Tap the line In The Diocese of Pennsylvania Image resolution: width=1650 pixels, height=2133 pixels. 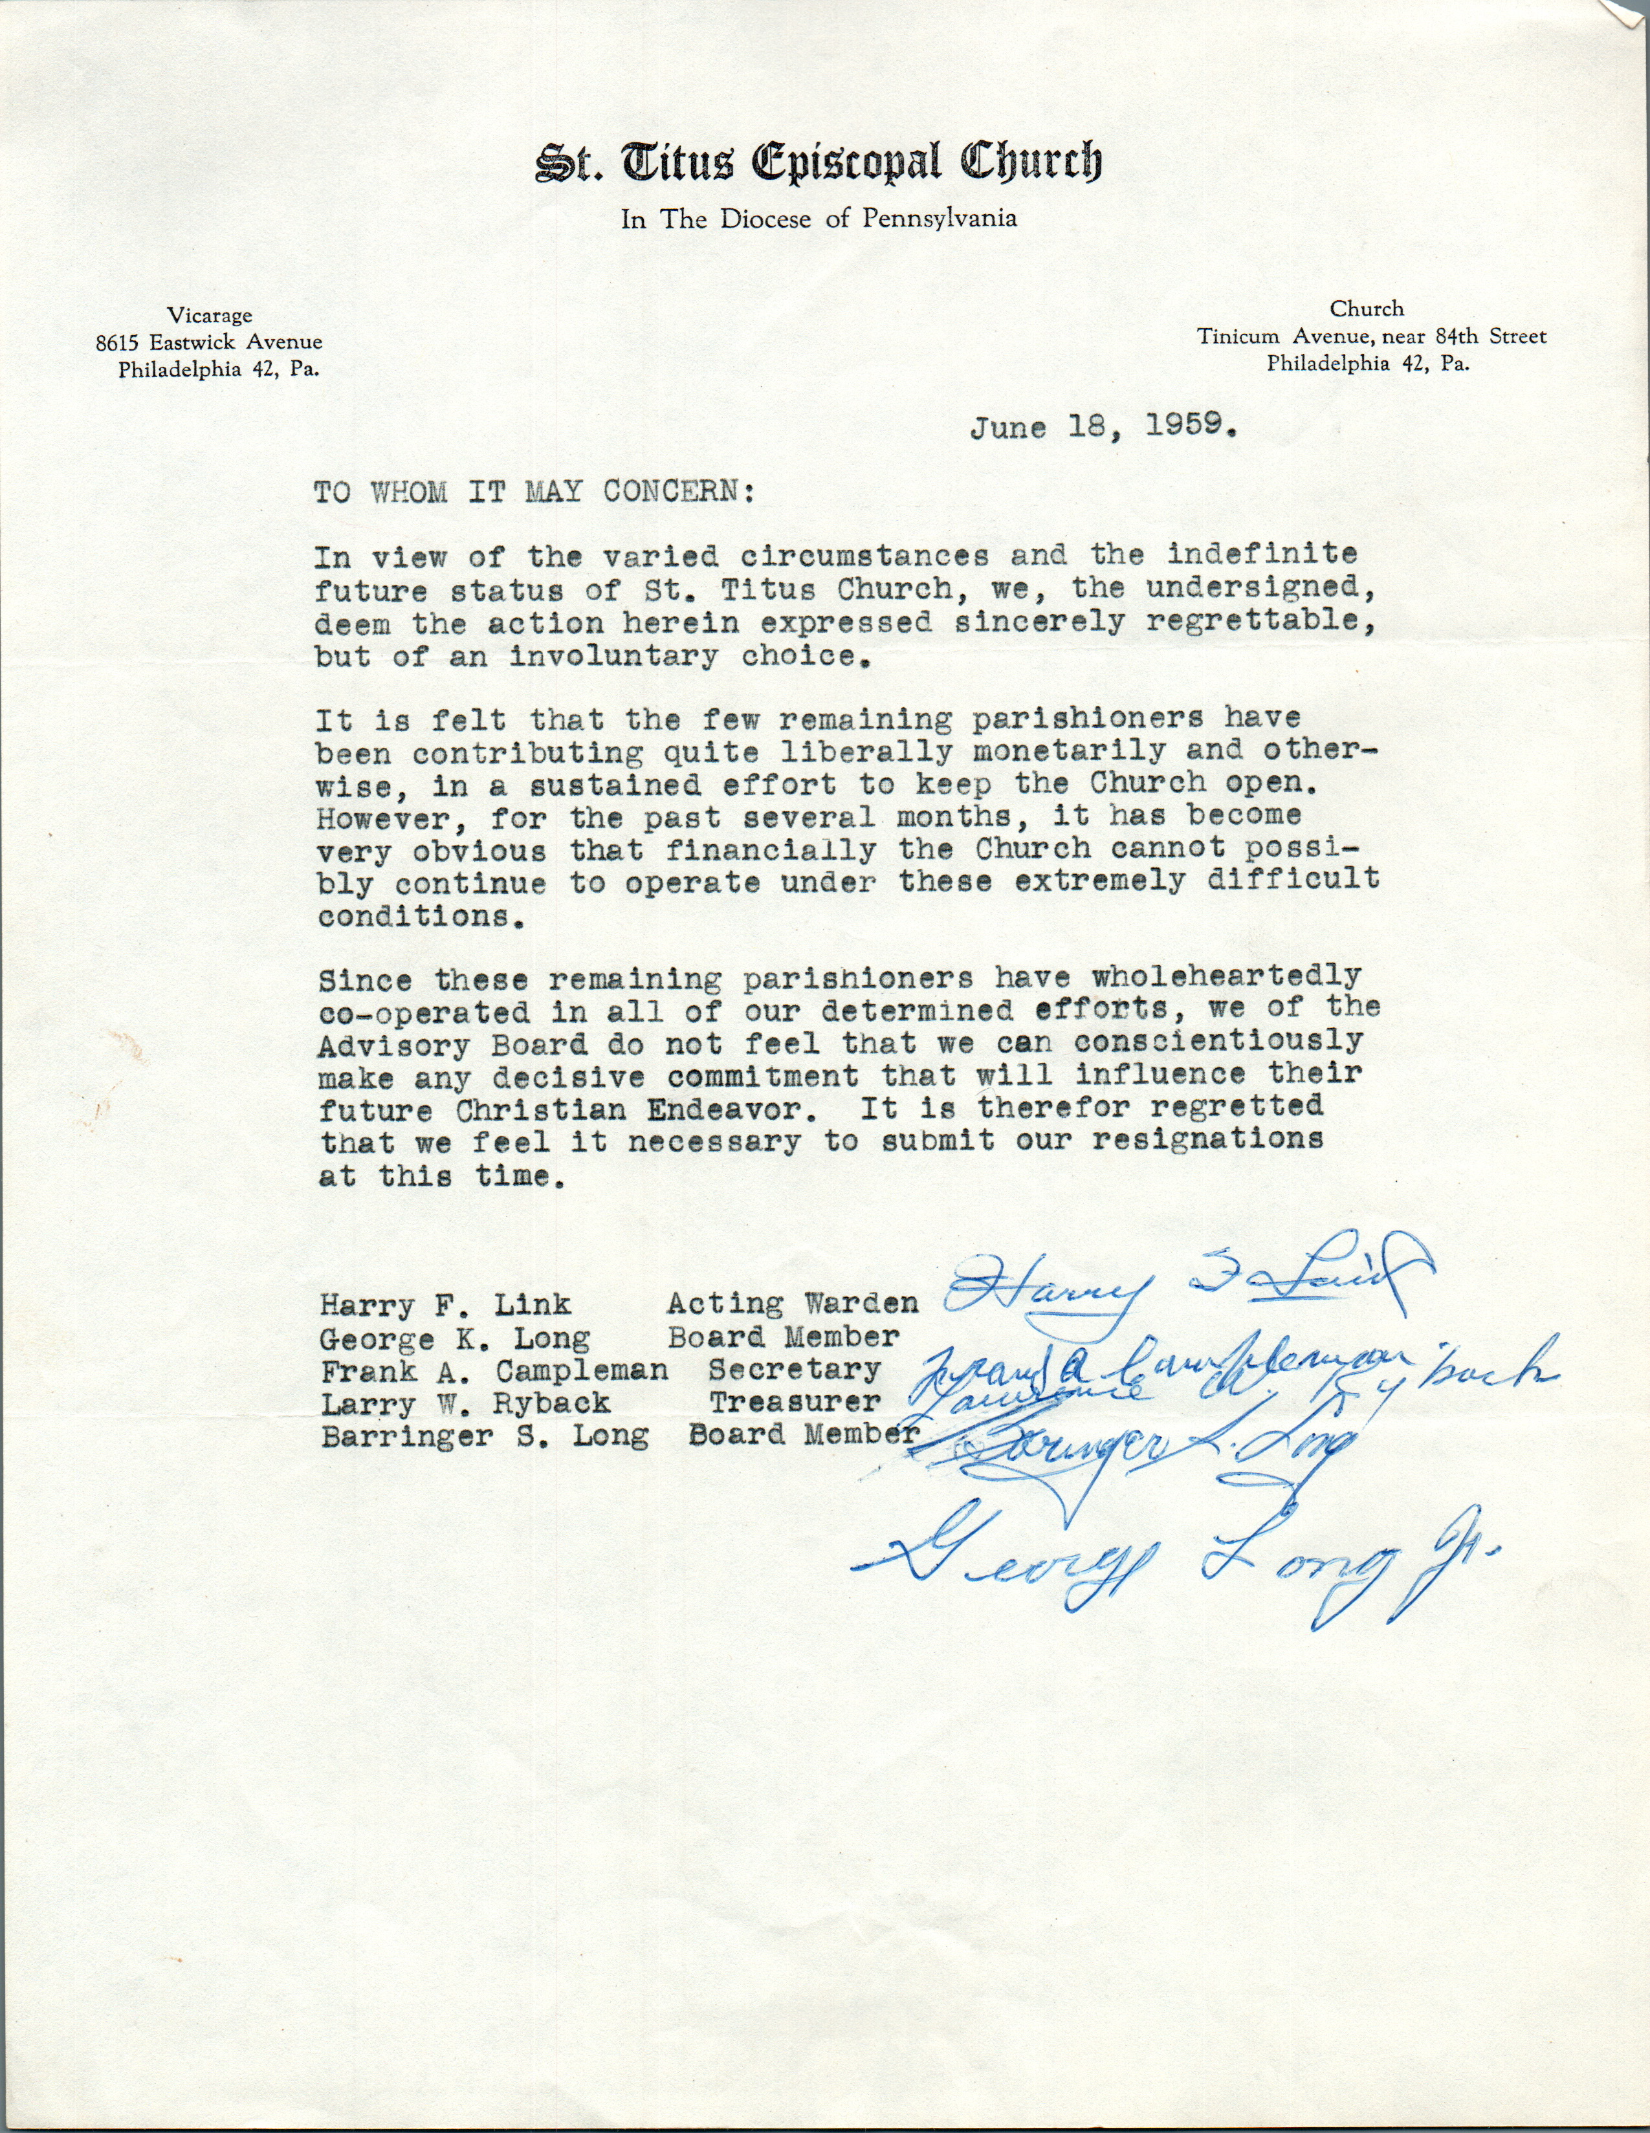pos(819,219)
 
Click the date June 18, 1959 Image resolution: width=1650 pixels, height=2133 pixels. pos(1104,428)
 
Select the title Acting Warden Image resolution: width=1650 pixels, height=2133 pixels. pos(792,1304)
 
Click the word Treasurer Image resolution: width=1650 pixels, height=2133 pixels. pos(794,1403)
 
